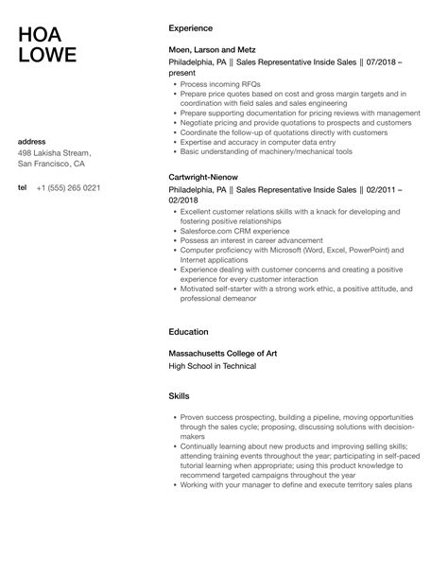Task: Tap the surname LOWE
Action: (x=48, y=56)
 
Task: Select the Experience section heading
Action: (x=190, y=28)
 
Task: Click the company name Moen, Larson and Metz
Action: (x=212, y=48)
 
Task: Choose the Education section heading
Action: (x=188, y=332)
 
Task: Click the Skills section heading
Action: (x=179, y=395)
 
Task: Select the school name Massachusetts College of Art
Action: (x=222, y=353)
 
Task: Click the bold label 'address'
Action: (x=33, y=142)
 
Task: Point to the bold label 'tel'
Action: (x=23, y=187)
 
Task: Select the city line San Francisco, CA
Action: (x=53, y=165)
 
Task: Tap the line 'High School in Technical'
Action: (x=212, y=366)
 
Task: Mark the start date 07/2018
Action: (x=379, y=61)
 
